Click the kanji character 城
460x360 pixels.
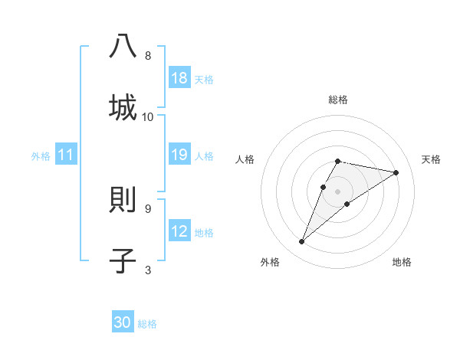coord(123,106)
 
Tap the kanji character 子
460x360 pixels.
coord(123,260)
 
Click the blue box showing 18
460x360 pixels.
coord(179,78)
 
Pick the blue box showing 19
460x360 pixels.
coord(179,155)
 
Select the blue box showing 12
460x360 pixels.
coord(179,231)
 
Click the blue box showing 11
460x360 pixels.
coord(66,155)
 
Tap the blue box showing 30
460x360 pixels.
coord(123,322)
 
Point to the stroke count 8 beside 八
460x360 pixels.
coord(148,56)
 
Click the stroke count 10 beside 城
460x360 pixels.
coord(148,116)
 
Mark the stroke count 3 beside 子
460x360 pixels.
coord(148,270)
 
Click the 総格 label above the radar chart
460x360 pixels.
coord(338,100)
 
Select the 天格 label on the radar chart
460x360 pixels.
coord(431,159)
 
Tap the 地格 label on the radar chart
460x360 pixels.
coord(402,262)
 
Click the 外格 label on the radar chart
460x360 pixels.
coord(270,262)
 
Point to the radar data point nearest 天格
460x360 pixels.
coord(396,172)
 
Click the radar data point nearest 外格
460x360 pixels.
coord(302,242)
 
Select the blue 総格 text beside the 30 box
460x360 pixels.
coord(147,324)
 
